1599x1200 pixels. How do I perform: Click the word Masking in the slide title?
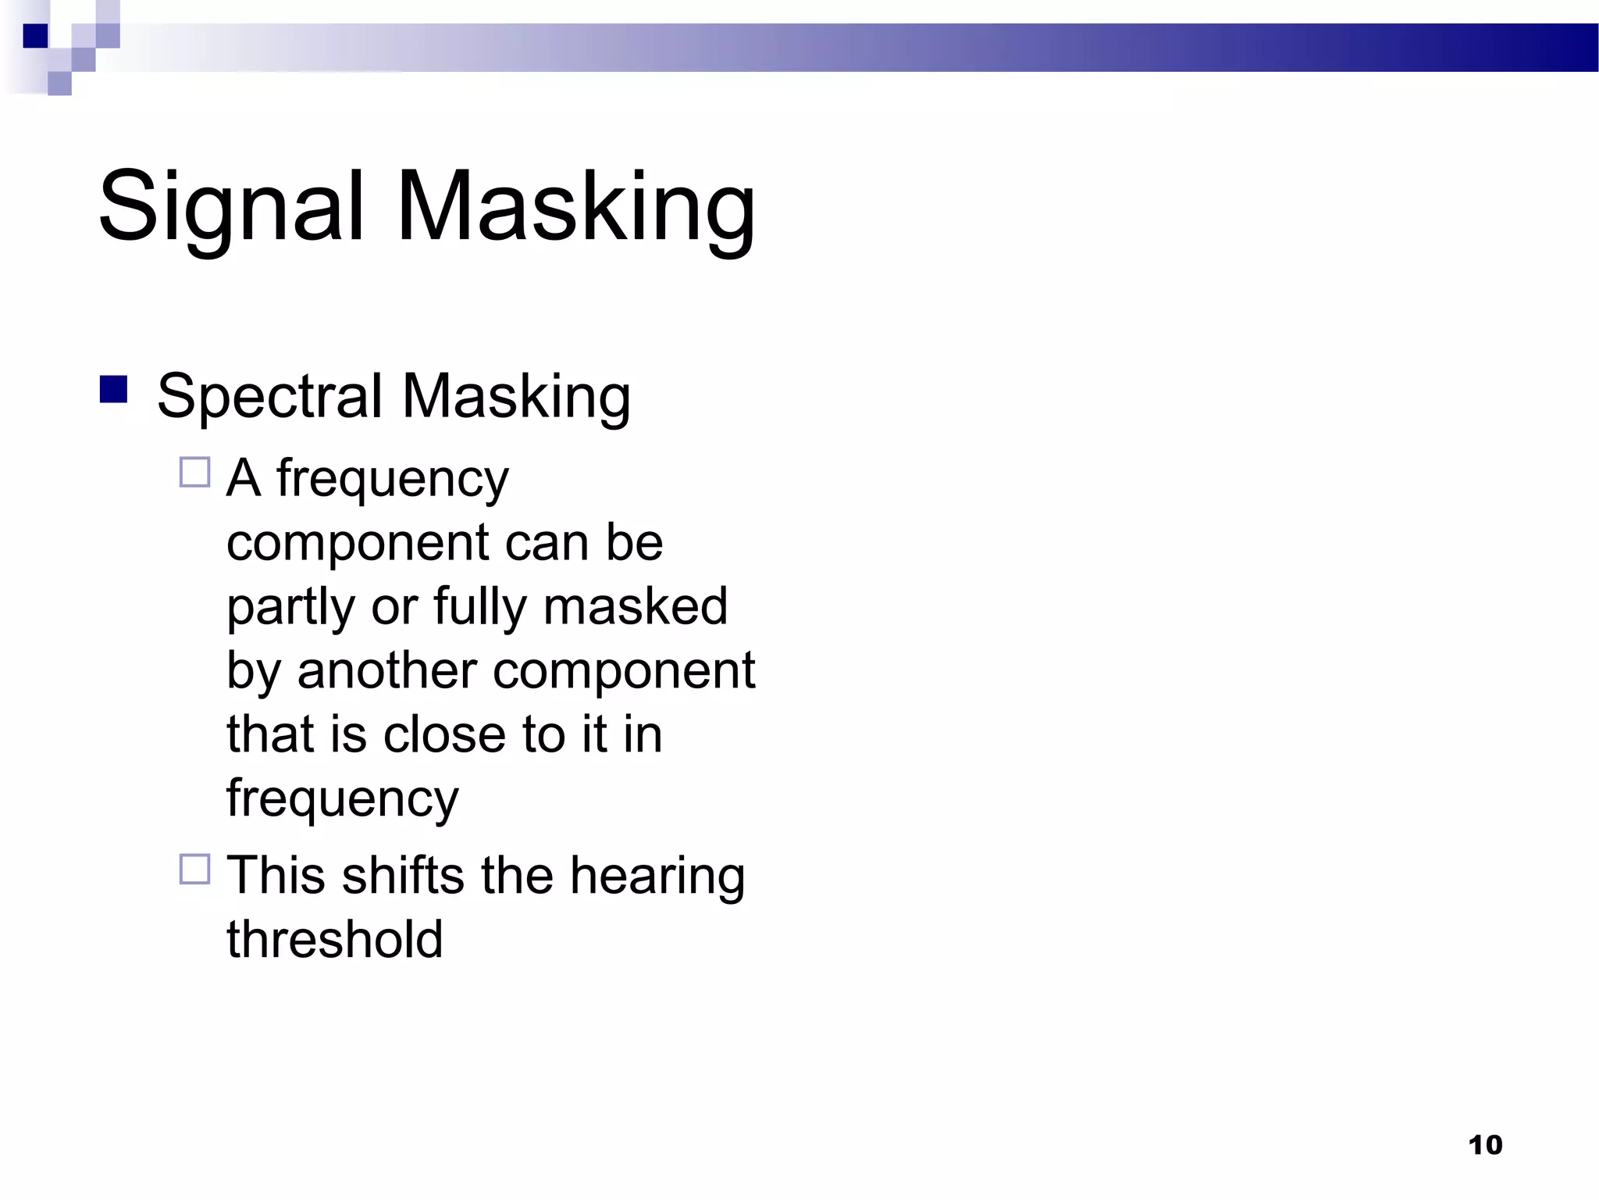[575, 208]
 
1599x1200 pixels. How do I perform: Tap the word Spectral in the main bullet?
[269, 397]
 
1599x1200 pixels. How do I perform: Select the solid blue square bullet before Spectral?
[114, 389]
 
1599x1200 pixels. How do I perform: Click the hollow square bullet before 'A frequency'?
[195, 473]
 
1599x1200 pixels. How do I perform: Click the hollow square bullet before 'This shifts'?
[195, 869]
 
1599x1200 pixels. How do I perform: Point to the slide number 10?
[1485, 1145]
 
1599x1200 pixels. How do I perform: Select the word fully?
[479, 608]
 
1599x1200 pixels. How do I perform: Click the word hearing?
[657, 877]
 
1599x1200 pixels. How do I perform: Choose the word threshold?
[335, 939]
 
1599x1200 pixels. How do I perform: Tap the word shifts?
[403, 875]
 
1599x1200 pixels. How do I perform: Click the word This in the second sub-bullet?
[276, 875]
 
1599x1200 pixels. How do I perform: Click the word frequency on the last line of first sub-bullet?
[342, 800]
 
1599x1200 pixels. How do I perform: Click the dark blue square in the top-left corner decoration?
[36, 36]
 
